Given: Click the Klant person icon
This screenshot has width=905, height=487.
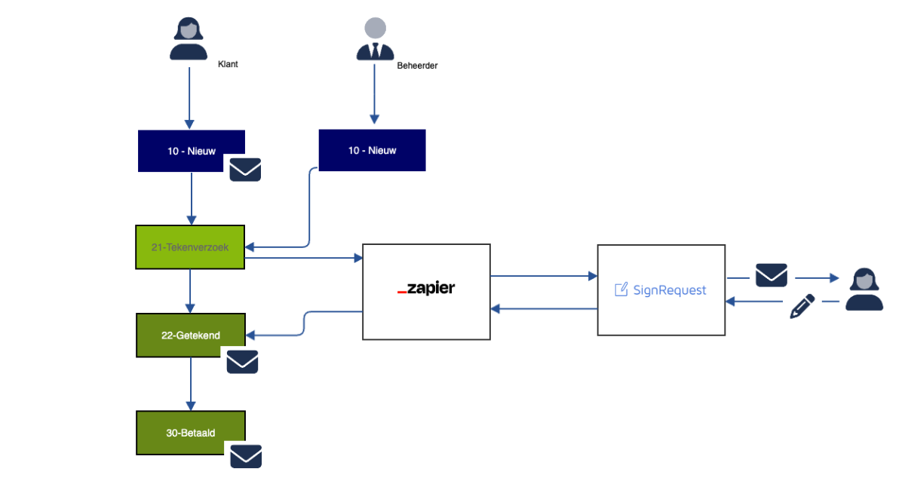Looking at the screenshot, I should (x=189, y=40).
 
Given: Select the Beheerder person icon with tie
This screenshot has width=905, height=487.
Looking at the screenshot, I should (x=375, y=39).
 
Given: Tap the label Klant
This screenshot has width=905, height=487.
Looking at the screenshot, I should (x=228, y=65).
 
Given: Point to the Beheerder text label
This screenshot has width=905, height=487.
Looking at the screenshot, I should (x=417, y=66).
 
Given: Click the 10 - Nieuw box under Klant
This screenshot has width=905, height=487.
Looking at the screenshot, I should (x=192, y=151).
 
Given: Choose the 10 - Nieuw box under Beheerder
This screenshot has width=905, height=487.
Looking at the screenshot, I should (x=372, y=150).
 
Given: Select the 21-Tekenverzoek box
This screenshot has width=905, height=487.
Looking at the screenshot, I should (x=190, y=247).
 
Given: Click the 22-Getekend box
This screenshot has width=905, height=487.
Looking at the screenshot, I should (x=190, y=335).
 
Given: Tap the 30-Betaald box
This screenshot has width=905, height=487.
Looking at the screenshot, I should (x=190, y=433).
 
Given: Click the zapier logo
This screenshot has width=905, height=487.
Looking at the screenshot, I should (x=426, y=289).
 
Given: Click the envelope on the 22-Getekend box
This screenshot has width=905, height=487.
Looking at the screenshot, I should (x=243, y=362).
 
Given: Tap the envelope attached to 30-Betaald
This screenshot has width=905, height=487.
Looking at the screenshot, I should (x=246, y=456).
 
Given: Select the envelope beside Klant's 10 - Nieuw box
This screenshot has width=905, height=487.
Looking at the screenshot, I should (x=246, y=170).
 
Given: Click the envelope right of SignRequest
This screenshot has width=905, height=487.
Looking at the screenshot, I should (x=772, y=275).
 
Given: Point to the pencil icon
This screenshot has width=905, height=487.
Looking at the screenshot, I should (x=802, y=306).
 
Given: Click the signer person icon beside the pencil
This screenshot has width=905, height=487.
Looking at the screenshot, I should (x=864, y=290).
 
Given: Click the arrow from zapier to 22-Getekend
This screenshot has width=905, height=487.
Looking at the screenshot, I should (x=303, y=323).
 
